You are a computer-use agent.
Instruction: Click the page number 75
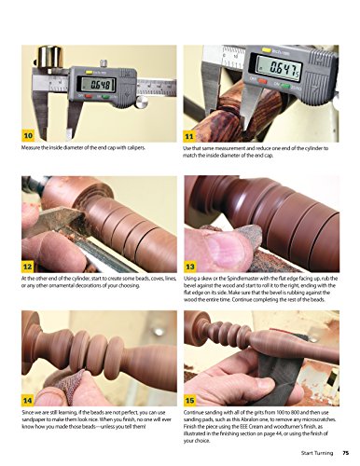(x=345, y=454)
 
